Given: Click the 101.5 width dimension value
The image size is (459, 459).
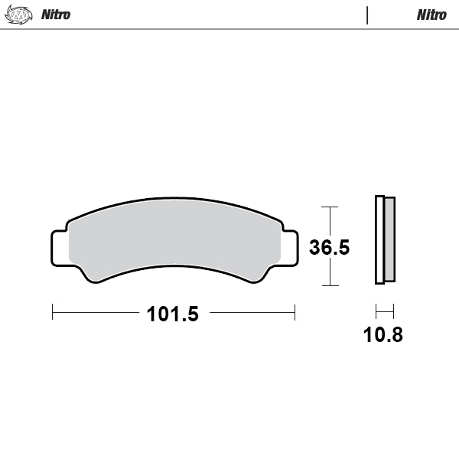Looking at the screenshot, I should (x=173, y=313).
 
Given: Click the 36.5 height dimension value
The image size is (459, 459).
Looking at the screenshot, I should (x=329, y=247).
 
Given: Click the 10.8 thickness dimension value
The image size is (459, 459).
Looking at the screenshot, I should (x=384, y=334).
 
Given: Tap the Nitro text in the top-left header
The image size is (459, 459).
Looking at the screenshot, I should (x=56, y=15).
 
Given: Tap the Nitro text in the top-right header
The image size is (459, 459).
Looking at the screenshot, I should (x=431, y=15).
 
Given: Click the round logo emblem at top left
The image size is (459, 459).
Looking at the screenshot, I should (x=18, y=15).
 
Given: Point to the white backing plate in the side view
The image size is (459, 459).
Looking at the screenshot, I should (x=379, y=240).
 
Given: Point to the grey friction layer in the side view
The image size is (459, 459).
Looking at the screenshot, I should (x=389, y=240).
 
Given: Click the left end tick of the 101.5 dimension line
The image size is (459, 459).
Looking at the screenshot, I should (x=52, y=312).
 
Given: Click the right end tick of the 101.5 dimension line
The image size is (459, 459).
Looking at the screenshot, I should (x=295, y=312).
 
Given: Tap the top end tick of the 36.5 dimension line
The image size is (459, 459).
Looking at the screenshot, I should (x=329, y=207).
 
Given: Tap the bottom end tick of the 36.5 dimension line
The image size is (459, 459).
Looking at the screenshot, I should (x=329, y=285).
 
